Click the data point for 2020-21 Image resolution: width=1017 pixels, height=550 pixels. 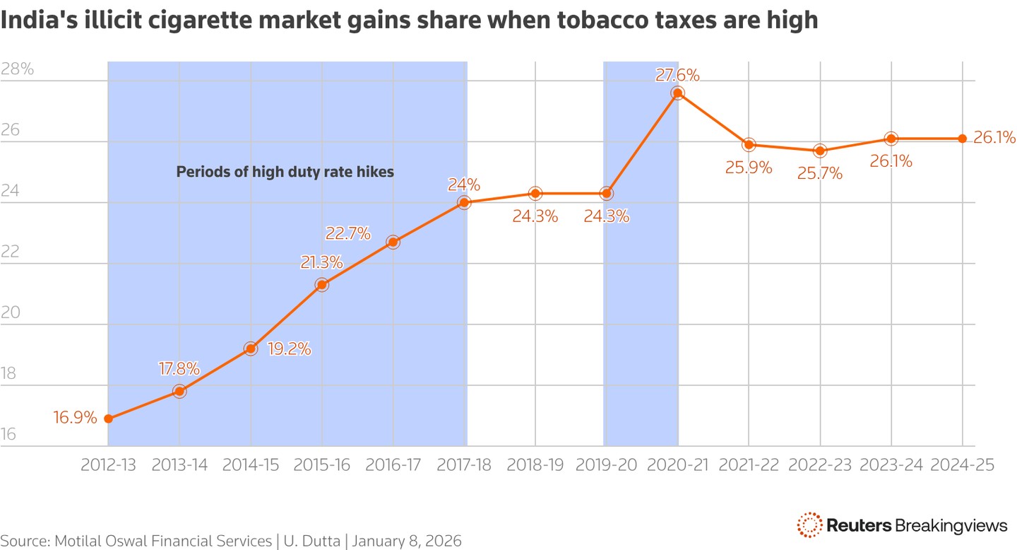678,93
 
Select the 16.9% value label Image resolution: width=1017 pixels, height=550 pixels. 75,417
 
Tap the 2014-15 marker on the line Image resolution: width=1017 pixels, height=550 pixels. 250,349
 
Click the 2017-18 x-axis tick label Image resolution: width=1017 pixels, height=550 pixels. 465,465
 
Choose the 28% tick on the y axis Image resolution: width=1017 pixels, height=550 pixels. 17,69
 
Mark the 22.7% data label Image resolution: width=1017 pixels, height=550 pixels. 347,233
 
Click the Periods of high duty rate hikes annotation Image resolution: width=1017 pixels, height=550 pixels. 285,171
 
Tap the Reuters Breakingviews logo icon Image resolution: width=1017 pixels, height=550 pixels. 809,525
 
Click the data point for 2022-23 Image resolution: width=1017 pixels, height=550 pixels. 820,151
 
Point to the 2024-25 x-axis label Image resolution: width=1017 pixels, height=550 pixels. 963,465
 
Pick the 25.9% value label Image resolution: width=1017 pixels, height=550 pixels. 749,169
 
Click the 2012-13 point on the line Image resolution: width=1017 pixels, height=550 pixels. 108,419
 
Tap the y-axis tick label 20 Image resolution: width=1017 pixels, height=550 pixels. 11,313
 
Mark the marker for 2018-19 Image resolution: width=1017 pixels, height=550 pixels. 535,193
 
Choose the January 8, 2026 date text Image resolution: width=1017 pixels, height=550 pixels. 407,542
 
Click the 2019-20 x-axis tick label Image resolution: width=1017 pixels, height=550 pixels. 606,465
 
